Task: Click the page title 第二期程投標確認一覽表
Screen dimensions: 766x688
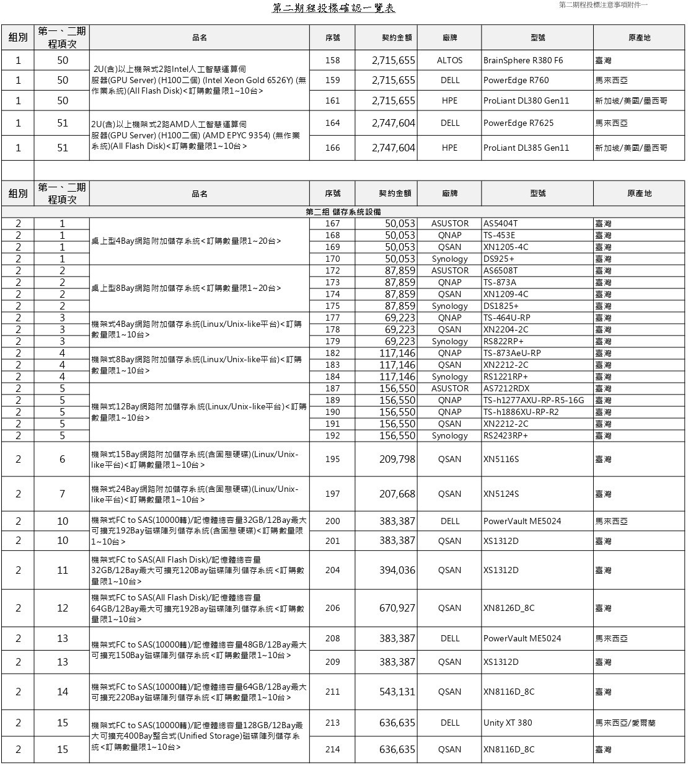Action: pos(333,8)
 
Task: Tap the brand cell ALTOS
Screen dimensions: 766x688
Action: pos(449,60)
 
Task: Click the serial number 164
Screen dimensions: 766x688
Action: pos(332,123)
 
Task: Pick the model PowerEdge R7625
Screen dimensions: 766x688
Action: pos(518,123)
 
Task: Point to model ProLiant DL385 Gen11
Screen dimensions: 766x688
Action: pos(526,148)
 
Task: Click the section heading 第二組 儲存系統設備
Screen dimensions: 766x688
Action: pos(343,212)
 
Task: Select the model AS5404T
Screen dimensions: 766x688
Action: pos(500,223)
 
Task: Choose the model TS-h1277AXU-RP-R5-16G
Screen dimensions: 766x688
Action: pos(534,400)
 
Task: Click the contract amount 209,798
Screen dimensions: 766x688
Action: pos(397,459)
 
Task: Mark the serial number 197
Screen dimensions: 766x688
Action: pos(332,494)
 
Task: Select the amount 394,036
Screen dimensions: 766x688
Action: pos(397,570)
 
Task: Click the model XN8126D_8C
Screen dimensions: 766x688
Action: pos(508,608)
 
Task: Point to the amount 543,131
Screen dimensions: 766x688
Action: pos(397,692)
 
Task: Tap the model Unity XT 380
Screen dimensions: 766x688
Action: pos(508,723)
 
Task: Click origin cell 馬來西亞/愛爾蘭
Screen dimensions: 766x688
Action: pos(625,723)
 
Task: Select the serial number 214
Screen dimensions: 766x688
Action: pos(332,749)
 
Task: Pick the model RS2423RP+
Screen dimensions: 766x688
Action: pos(506,435)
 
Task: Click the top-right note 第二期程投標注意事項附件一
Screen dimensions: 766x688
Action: pos(602,5)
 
